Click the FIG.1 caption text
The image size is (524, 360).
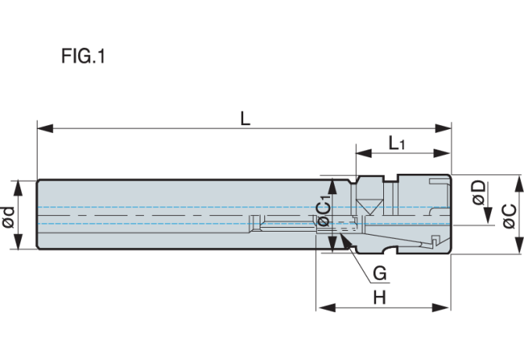coord(83,57)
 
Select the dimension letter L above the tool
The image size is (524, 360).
coord(246,118)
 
